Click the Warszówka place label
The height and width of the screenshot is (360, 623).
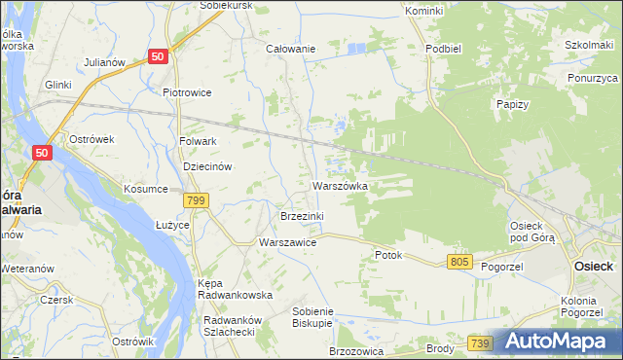pyautogui.click(x=340, y=185)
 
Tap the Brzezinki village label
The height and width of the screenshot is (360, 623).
pyautogui.click(x=302, y=215)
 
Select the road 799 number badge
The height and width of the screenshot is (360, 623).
pyautogui.click(x=197, y=200)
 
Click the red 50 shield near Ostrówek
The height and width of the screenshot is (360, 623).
pyautogui.click(x=41, y=153)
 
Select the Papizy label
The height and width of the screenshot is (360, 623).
pyautogui.click(x=511, y=104)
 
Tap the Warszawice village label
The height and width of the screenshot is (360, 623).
pyautogui.click(x=287, y=242)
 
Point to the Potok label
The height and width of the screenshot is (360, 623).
pyautogui.click(x=388, y=255)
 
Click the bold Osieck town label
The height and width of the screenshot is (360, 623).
pyautogui.click(x=593, y=266)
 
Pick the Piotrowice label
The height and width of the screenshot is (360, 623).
pyautogui.click(x=187, y=93)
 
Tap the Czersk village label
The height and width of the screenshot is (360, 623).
pyautogui.click(x=56, y=300)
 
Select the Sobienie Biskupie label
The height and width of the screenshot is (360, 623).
pyautogui.click(x=312, y=317)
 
